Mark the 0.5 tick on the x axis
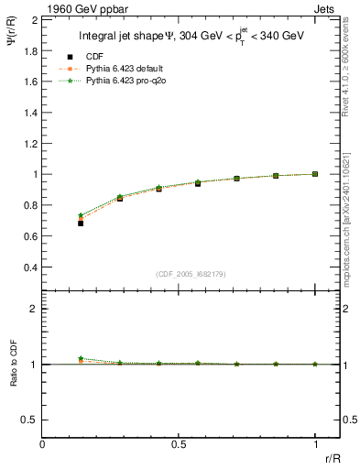pos(179,444)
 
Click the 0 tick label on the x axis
pos(43,444)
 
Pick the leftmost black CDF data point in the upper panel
pos(81,223)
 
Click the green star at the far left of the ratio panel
pos(81,358)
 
